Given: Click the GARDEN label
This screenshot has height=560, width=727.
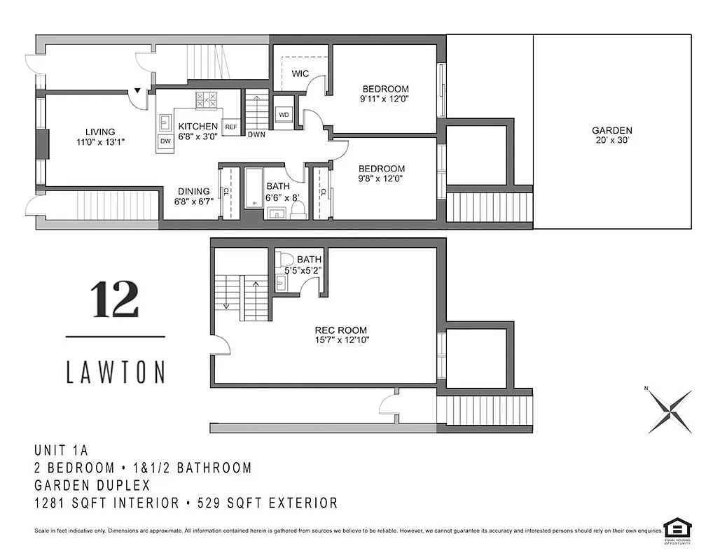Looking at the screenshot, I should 611,130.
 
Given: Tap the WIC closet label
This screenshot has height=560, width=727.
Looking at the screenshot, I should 300,73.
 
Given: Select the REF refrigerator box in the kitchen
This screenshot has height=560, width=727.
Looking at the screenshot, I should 231,127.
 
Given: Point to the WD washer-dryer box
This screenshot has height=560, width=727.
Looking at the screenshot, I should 284,115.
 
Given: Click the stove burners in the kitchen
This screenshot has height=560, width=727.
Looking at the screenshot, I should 206,100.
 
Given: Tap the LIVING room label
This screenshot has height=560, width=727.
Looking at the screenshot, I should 100,132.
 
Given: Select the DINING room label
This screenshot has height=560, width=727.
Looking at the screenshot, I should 193,191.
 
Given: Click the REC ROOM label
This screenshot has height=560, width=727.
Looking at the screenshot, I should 340,330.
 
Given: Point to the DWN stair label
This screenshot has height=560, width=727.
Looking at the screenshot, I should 256,134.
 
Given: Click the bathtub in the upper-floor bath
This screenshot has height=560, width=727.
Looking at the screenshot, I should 253,187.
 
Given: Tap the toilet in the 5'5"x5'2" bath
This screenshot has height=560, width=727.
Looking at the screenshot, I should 286,260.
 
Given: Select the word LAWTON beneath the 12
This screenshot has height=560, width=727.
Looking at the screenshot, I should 116,372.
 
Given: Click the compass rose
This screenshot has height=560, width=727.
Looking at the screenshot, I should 669,410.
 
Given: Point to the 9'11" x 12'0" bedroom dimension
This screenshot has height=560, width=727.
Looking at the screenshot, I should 385,99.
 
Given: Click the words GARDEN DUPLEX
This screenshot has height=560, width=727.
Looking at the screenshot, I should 92,485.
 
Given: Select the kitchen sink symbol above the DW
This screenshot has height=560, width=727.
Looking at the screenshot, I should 165,123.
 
